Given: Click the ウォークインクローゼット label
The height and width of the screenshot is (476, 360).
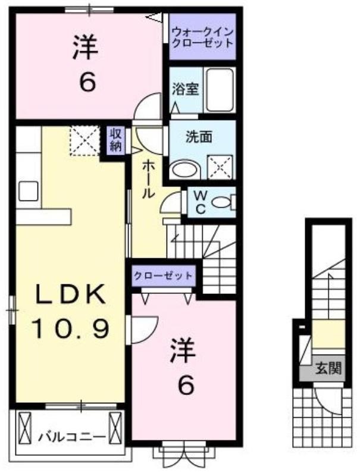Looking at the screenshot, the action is click(x=202, y=37).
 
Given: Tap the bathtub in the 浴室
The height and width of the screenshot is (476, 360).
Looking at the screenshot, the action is click(x=220, y=90).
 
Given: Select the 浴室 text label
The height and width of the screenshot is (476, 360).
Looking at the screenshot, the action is click(x=185, y=89).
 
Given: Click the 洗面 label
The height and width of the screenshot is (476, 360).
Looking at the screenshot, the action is click(x=199, y=137).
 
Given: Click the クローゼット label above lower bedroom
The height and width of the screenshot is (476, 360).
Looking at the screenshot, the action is click(x=163, y=276).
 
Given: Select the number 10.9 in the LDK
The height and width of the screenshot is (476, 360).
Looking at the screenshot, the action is click(x=70, y=329).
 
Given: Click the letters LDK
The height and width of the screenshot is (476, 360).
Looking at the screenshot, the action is click(x=71, y=294).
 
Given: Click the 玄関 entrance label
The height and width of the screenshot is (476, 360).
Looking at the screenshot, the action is click(x=328, y=368).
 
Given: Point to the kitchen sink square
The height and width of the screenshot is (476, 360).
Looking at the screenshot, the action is click(x=28, y=191).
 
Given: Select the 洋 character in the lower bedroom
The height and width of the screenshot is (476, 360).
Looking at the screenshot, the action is click(x=183, y=350).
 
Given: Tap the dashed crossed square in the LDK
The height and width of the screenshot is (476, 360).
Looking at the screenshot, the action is click(x=85, y=141).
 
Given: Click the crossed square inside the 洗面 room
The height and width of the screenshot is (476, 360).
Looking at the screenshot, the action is click(x=220, y=167).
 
